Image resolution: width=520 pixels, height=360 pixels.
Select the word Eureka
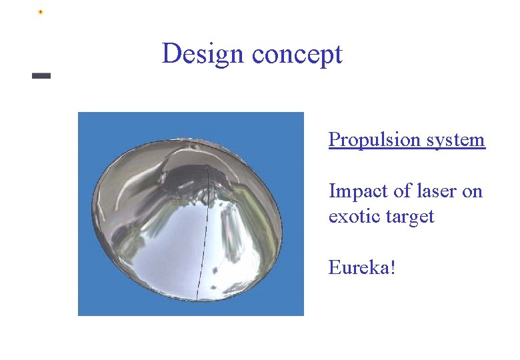[359, 268]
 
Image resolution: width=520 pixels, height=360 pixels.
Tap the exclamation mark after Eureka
[393, 268]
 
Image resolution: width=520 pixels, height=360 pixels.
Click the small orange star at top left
[41, 12]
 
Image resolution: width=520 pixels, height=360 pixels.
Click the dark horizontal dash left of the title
[41, 76]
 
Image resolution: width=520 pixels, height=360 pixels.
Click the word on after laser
[472, 192]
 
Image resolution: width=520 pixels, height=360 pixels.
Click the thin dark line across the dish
[203, 233]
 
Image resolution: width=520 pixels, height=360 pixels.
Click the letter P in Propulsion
[334, 140]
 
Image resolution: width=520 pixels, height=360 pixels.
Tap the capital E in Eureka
[335, 268]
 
